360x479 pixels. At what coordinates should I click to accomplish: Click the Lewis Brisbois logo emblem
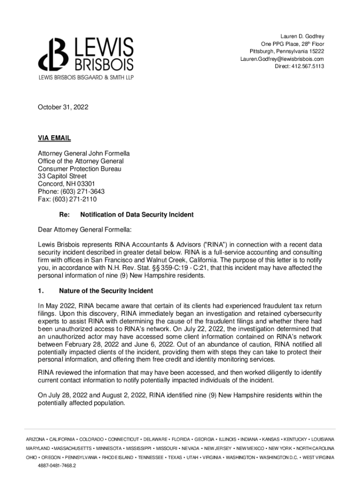(x=52, y=55)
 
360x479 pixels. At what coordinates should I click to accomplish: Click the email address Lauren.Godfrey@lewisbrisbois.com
(x=282, y=59)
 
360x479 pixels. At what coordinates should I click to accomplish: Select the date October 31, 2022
(x=63, y=108)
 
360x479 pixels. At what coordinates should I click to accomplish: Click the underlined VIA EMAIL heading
(x=54, y=138)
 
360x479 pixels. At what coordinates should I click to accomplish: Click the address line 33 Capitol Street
(x=62, y=176)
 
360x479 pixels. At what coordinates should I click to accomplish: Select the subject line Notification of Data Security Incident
(x=137, y=215)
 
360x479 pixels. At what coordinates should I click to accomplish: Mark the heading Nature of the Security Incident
(x=106, y=291)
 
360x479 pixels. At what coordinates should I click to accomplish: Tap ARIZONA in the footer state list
(x=36, y=440)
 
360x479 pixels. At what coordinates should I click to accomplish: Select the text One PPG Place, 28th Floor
(x=293, y=44)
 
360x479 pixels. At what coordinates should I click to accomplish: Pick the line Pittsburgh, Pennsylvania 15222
(x=287, y=51)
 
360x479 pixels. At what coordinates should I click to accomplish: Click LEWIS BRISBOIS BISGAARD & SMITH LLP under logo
(x=86, y=77)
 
